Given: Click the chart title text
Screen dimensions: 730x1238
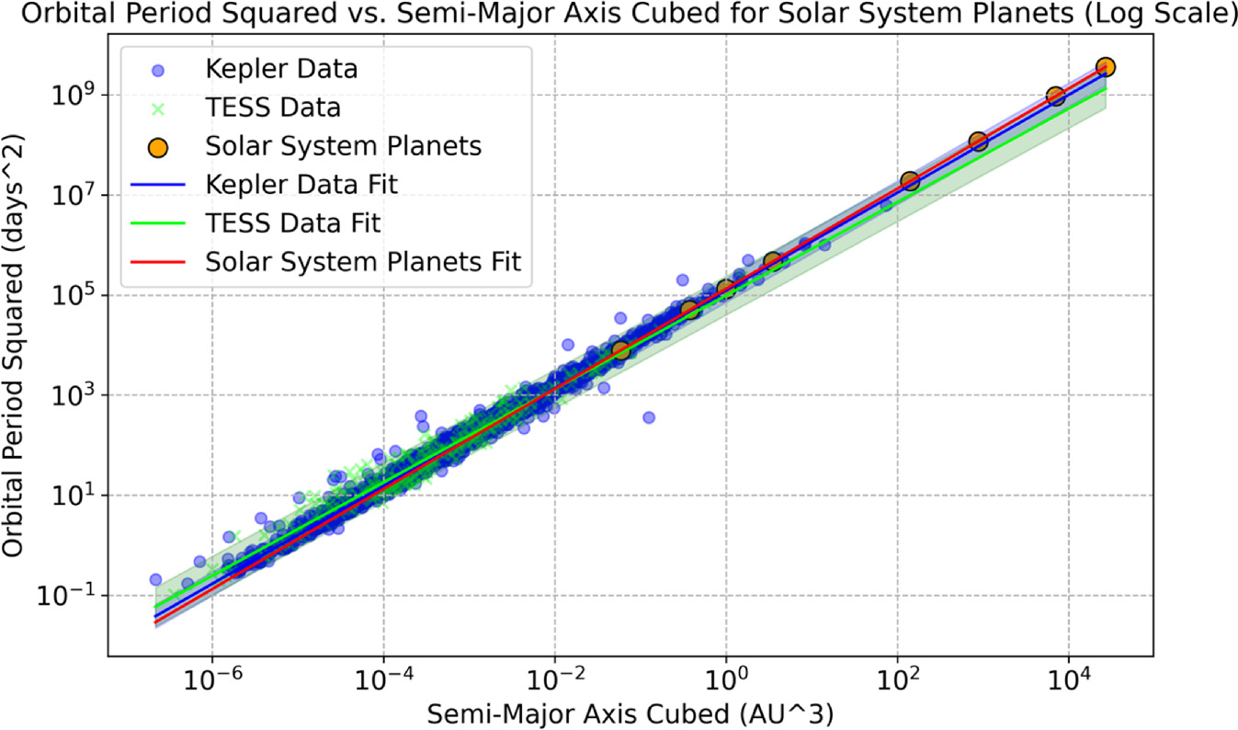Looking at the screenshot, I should (619, 16).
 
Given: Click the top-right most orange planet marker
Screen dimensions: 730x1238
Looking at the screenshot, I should (1106, 67).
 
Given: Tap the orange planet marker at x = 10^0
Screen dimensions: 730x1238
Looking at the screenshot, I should (725, 289).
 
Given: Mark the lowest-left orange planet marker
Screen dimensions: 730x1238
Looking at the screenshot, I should (620, 349).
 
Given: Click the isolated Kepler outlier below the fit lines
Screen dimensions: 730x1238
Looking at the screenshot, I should (648, 417).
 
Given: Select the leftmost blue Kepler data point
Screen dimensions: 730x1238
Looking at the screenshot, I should (155, 579).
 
